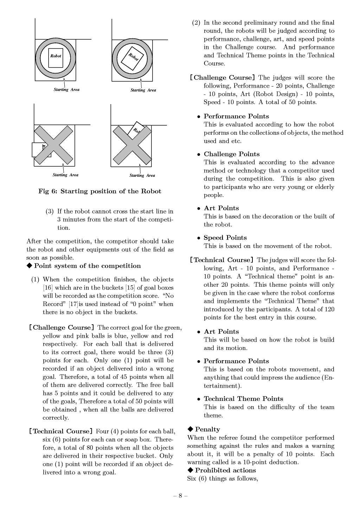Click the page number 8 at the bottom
coord(180,496)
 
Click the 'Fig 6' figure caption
coord(99,191)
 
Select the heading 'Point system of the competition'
coord(87,266)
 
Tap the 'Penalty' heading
coord(207,430)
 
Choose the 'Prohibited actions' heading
coord(225,470)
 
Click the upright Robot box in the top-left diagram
coord(56,58)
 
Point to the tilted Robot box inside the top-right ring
coord(133,58)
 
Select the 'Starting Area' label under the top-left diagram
coord(66,90)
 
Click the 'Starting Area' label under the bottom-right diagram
coord(142,176)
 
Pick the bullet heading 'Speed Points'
coord(225,238)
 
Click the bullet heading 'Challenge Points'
coord(231,154)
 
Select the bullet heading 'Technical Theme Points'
coord(243,399)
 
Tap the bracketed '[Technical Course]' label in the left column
coord(61,431)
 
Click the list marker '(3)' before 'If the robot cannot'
coord(50,211)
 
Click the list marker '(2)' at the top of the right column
coord(196,23)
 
